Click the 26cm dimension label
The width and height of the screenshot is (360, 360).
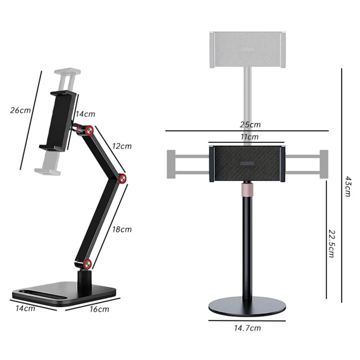click(x=20, y=110)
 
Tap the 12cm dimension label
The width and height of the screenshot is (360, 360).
click(x=122, y=146)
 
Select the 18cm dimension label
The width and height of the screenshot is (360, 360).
click(x=122, y=229)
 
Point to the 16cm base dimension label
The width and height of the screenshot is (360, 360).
click(x=99, y=309)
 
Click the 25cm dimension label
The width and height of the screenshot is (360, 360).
click(x=250, y=124)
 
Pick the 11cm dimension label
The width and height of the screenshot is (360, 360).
click(x=249, y=137)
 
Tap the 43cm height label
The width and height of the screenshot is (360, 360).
click(x=348, y=186)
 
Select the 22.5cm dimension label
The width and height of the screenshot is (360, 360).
click(x=331, y=243)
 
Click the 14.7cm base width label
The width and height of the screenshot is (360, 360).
click(x=247, y=328)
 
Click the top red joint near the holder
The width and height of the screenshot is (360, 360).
click(x=89, y=130)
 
